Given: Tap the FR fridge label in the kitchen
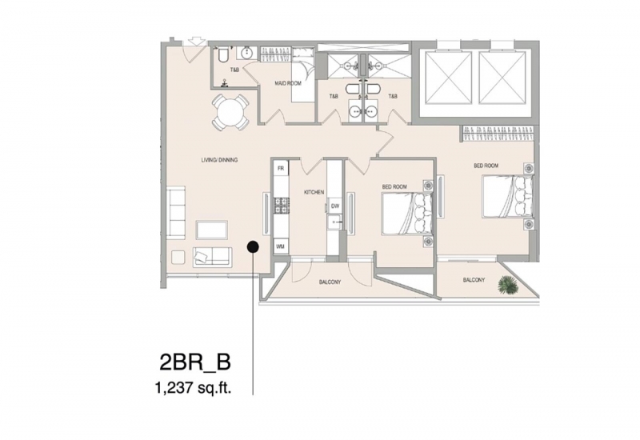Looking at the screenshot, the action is (281, 168).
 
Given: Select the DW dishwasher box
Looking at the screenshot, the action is (335, 206).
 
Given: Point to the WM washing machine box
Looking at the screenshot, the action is (281, 246).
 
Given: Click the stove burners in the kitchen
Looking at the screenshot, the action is (282, 206).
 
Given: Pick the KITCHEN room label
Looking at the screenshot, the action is (314, 192).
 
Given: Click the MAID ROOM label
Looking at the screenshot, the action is (288, 83).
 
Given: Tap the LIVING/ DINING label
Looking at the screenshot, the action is (219, 160).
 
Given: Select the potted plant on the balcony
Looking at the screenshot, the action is (507, 285).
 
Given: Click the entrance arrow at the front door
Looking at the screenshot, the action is (195, 41).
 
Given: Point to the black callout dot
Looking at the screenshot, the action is (253, 247).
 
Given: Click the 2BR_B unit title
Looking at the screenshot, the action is (195, 362).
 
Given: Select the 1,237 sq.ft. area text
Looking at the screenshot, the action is (193, 388).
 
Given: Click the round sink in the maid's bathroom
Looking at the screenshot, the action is (247, 54).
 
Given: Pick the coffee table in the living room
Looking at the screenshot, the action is (212, 230).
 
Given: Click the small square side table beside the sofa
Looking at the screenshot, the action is (178, 257).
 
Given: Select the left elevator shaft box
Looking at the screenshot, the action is (448, 78).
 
